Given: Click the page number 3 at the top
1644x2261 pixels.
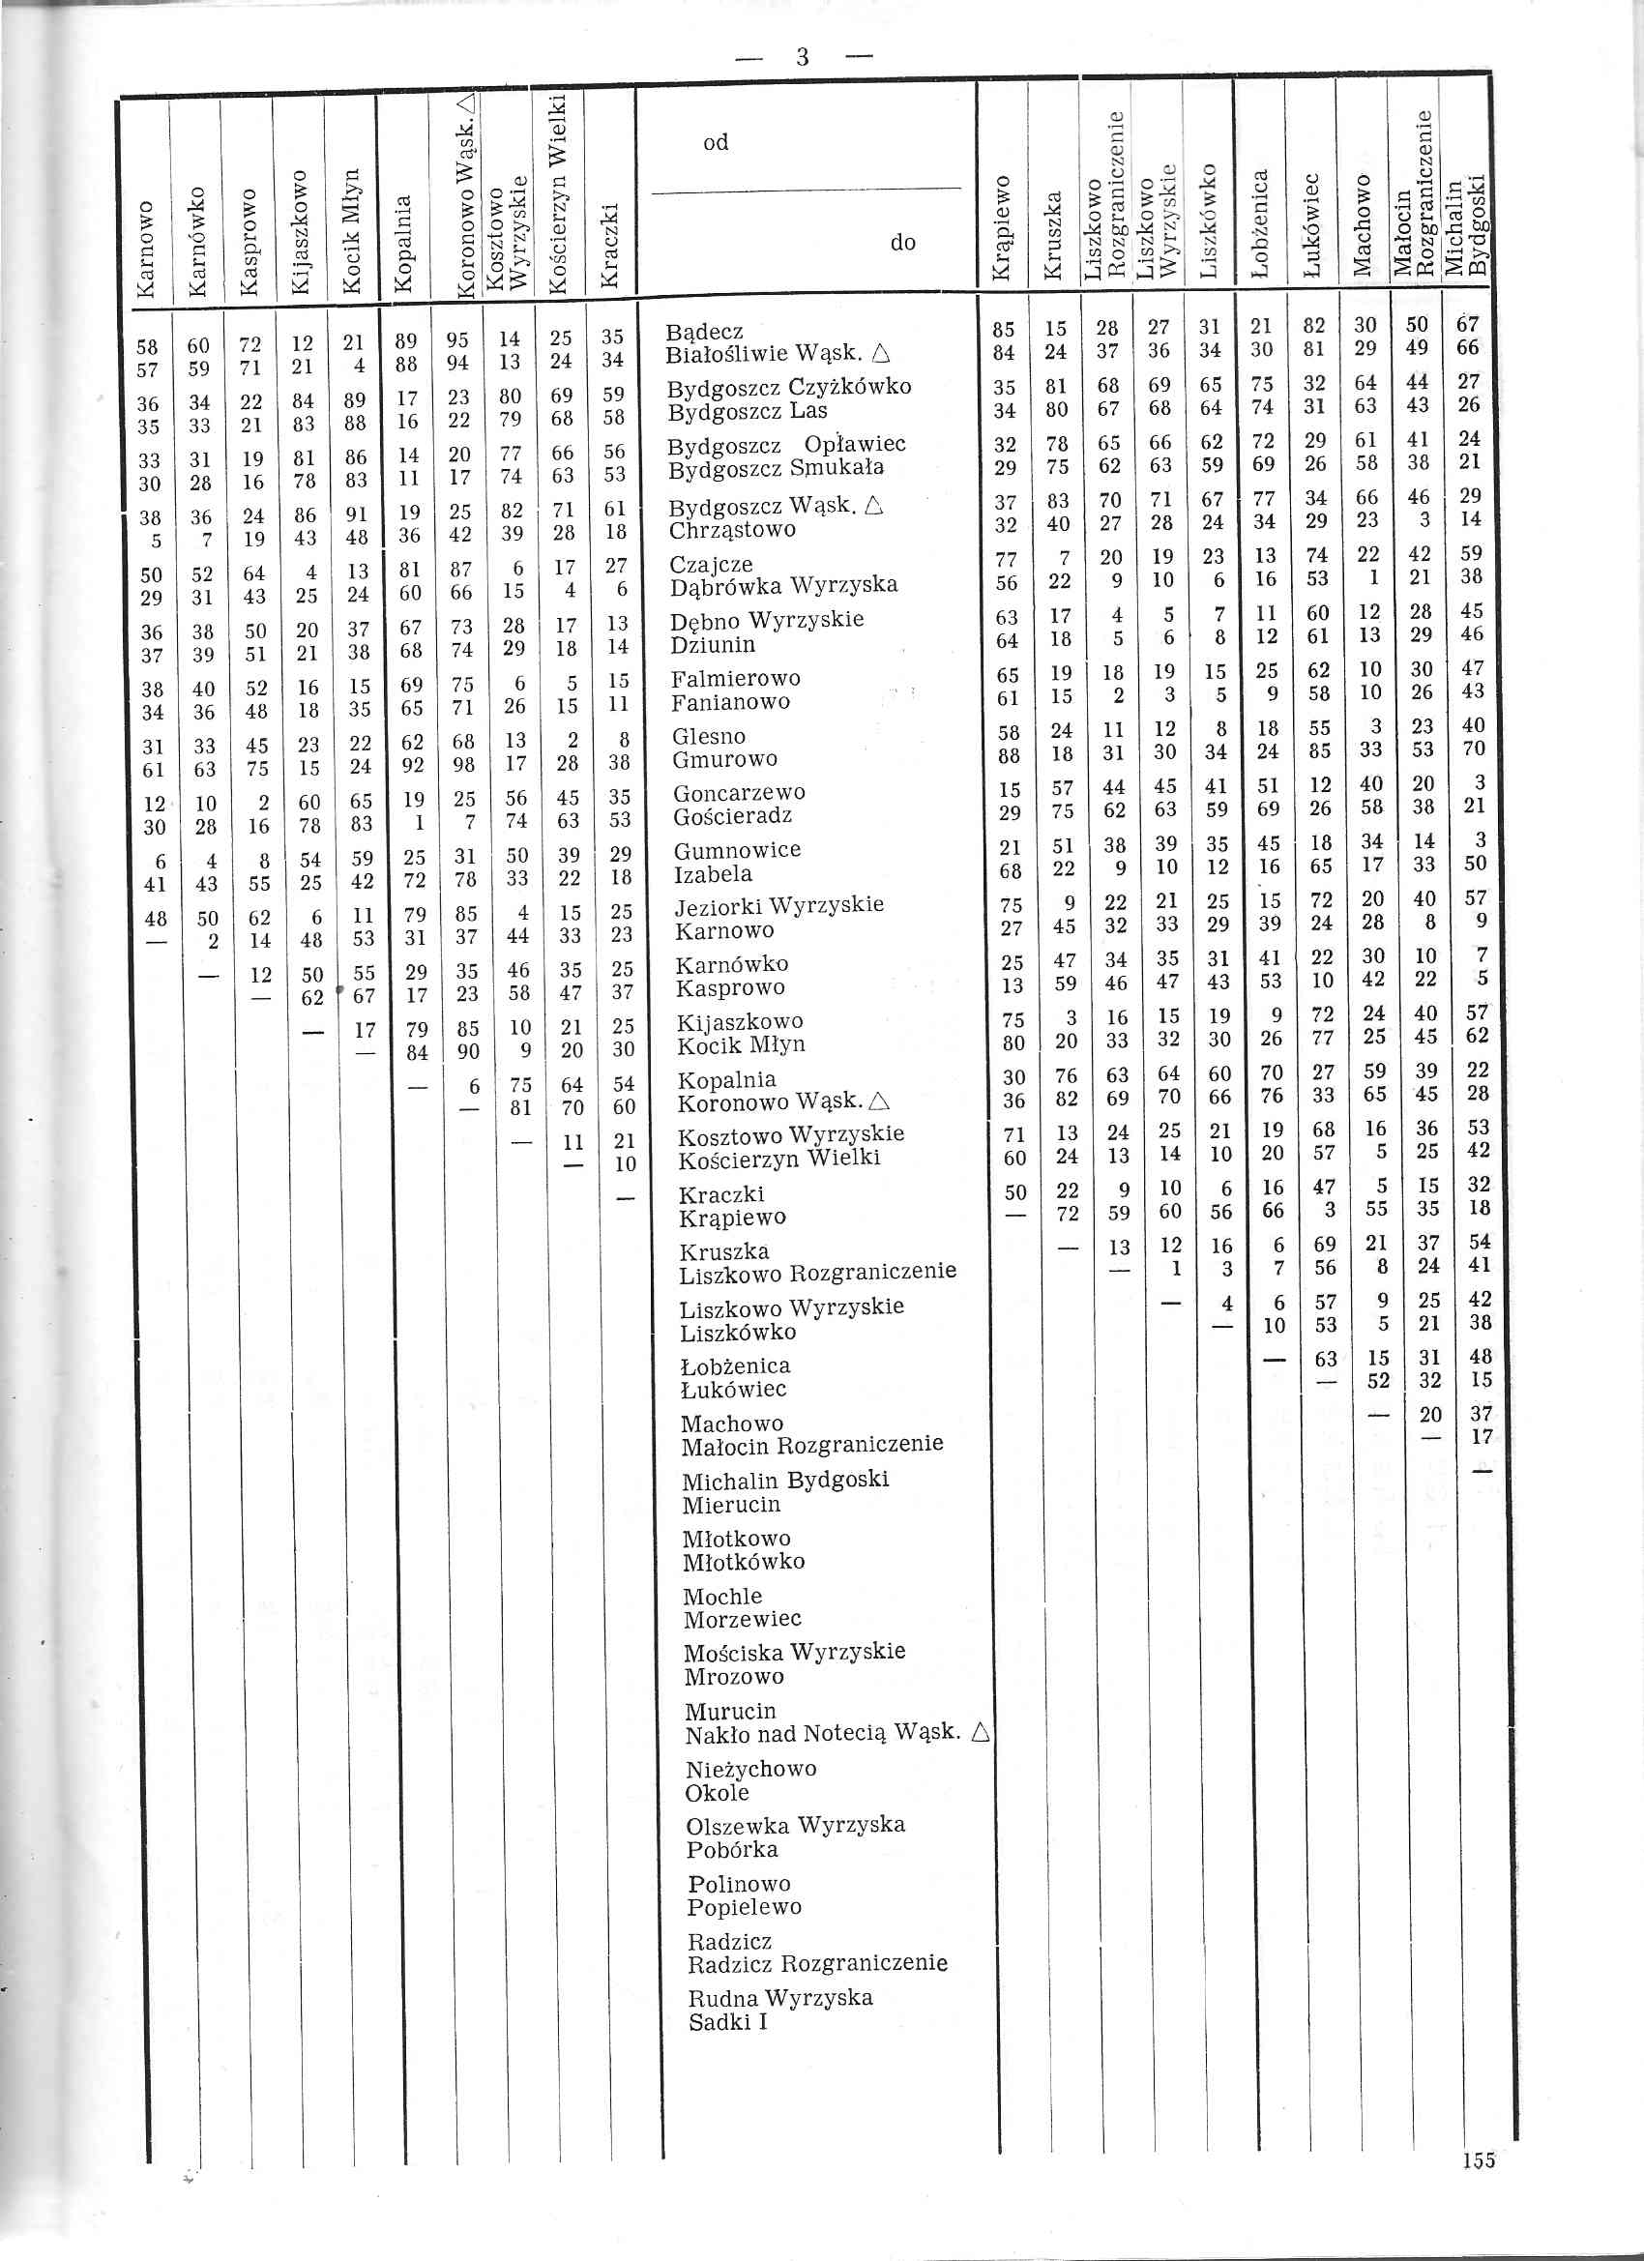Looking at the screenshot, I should (x=803, y=58).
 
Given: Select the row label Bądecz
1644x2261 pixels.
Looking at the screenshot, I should (x=704, y=331).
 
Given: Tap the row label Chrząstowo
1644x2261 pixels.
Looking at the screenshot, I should (x=732, y=529).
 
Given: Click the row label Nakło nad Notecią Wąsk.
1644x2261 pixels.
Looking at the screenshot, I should (x=824, y=1736).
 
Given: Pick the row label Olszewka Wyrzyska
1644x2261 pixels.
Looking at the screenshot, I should (x=795, y=1826).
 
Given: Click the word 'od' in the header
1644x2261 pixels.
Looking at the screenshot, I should (x=716, y=142).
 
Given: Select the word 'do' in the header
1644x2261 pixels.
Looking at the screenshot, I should (x=902, y=242).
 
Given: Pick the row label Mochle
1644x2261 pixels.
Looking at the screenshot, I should (x=721, y=1596).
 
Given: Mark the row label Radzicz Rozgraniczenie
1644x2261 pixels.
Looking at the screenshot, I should (x=816, y=1963).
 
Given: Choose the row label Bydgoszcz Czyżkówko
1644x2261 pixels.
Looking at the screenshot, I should (x=788, y=387).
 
